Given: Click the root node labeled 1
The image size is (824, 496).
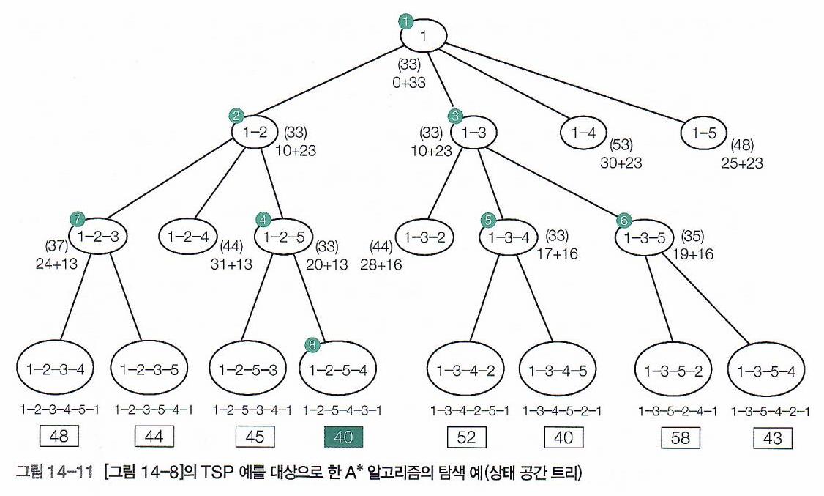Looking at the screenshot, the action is [x=423, y=34].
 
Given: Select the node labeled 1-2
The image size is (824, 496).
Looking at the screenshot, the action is [x=255, y=132].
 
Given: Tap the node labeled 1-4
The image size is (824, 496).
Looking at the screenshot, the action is [x=584, y=132].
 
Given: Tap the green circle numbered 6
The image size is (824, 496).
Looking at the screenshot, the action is [x=623, y=220].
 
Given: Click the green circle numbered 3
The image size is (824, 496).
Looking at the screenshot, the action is [x=456, y=116].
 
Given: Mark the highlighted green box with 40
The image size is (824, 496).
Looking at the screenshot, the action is [x=343, y=437].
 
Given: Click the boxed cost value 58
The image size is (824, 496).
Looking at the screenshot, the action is [x=680, y=438].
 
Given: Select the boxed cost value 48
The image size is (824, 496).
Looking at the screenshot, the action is [x=58, y=437].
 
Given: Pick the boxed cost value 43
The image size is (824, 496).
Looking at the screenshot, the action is [x=773, y=438].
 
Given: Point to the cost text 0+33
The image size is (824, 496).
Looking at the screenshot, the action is [x=408, y=83].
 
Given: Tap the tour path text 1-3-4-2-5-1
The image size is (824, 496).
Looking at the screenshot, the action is [x=468, y=410].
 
